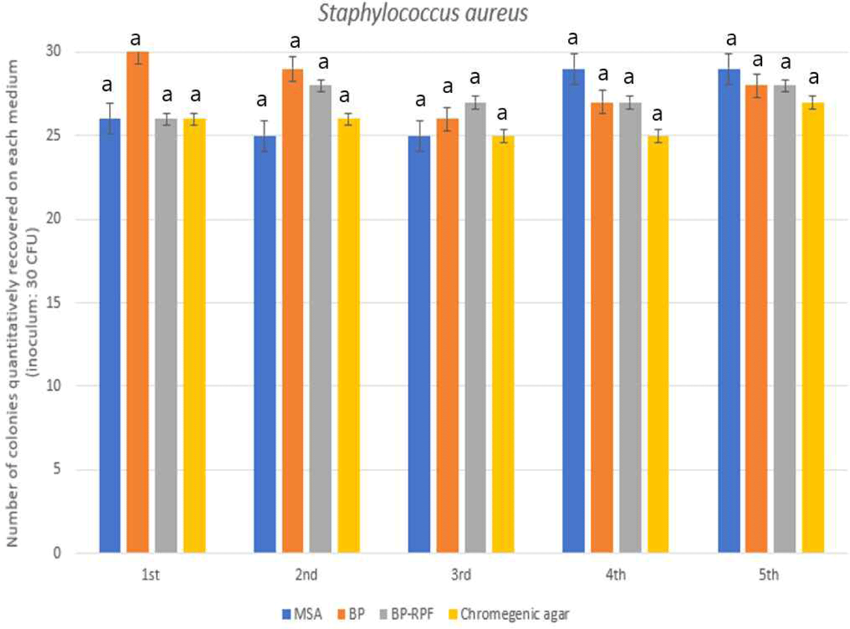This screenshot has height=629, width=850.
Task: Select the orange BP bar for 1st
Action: (137, 300)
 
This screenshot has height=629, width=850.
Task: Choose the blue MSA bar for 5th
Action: (729, 312)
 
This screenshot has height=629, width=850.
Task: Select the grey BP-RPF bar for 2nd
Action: (320, 317)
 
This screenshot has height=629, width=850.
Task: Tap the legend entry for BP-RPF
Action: (407, 614)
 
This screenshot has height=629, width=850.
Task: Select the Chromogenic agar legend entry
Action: (508, 614)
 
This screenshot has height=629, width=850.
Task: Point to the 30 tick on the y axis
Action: (53, 51)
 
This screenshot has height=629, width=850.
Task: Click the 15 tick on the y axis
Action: (53, 302)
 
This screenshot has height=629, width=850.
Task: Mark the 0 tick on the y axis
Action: (57, 553)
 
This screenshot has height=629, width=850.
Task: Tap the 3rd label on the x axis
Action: (461, 575)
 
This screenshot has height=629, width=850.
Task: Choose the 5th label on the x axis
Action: (769, 575)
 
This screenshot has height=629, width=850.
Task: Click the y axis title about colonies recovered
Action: (22, 303)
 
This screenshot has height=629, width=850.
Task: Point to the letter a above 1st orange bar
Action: (135, 39)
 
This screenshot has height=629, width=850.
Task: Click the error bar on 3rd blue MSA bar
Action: (420, 136)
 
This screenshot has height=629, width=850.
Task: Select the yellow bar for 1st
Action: (195, 335)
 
